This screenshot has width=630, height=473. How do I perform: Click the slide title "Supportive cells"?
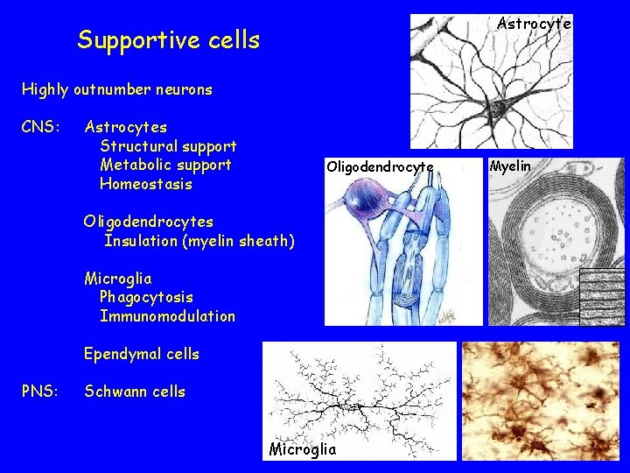coord(168,40)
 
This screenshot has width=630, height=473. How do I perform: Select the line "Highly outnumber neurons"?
coord(116,89)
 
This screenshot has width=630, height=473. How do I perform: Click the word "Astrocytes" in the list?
coord(125,128)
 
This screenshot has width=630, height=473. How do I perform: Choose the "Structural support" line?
coord(168,146)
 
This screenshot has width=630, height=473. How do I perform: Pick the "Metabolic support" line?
coord(165,165)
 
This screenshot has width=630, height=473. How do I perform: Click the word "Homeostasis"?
coord(145,184)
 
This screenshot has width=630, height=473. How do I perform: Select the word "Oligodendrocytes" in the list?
coord(148,222)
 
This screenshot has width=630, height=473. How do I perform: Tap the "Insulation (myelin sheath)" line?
coord(199,241)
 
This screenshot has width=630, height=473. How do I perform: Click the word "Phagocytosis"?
coord(146,297)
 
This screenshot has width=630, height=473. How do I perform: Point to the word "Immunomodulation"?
coord(167,316)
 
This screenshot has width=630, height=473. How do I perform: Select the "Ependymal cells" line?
coord(141,354)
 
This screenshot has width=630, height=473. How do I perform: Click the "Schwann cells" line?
coord(135,392)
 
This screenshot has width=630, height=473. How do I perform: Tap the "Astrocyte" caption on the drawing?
coord(534,25)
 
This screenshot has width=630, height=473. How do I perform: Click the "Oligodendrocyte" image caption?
coord(379,166)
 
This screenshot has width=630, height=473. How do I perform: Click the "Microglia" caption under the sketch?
coord(302,449)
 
